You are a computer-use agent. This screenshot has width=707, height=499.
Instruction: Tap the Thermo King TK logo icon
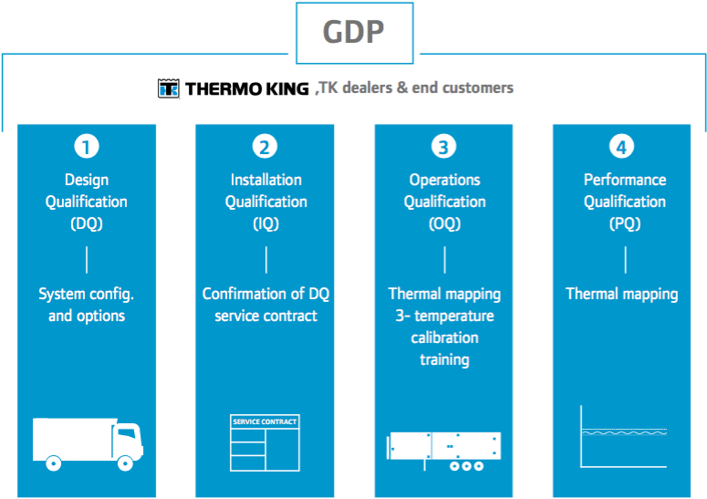tap(169, 88)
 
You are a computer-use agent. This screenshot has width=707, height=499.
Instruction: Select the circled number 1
tap(87, 147)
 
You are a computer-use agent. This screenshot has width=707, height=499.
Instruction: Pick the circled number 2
tap(265, 147)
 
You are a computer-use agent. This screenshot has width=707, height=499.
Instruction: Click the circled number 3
tap(443, 147)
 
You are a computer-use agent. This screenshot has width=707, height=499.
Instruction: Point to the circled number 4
tap(622, 147)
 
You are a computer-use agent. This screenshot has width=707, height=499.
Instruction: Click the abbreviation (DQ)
tap(87, 224)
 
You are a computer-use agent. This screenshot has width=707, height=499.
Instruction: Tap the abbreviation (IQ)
tap(266, 224)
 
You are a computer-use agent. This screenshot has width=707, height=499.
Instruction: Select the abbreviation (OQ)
tap(444, 224)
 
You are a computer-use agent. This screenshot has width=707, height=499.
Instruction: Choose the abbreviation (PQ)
tap(625, 224)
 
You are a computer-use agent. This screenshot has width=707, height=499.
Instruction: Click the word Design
tap(87, 181)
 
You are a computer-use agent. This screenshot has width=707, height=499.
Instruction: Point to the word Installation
tap(266, 180)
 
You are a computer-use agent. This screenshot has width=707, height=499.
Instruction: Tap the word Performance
tap(625, 180)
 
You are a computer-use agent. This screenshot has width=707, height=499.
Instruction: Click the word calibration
tap(444, 338)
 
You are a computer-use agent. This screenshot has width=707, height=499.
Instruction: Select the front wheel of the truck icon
tap(125, 463)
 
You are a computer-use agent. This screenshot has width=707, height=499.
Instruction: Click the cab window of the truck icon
tap(127, 433)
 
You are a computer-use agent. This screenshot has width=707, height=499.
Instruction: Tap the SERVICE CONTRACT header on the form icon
tap(265, 422)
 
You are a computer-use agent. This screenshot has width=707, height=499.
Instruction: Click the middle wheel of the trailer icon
tap(467, 466)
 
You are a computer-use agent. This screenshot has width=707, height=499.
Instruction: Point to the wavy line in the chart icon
tap(624, 432)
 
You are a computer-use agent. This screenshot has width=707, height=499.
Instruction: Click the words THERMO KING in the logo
tap(247, 88)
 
